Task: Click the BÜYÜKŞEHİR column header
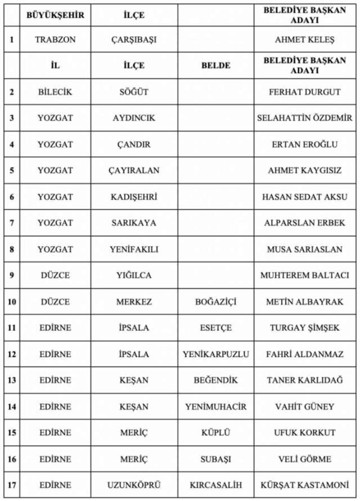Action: click(x=55, y=15)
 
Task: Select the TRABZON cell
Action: click(x=55, y=40)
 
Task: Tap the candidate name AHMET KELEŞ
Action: click(x=304, y=40)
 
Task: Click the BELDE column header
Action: click(x=215, y=65)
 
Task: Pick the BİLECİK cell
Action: click(x=55, y=92)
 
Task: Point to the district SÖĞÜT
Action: click(x=134, y=92)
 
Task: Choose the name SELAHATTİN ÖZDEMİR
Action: click(x=304, y=118)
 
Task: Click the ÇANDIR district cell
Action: click(x=134, y=145)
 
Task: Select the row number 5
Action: click(x=11, y=170)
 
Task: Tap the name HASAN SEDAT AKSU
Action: click(x=304, y=197)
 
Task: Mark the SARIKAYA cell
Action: click(x=134, y=223)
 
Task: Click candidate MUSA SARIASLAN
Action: click(x=304, y=249)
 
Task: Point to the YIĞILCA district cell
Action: click(x=134, y=276)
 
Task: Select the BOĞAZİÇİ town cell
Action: click(x=215, y=302)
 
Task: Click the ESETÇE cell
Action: click(x=215, y=328)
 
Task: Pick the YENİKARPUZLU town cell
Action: click(x=215, y=354)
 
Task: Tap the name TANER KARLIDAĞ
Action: click(x=304, y=381)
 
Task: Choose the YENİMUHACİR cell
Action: click(x=215, y=407)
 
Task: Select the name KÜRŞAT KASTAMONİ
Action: click(x=304, y=485)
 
